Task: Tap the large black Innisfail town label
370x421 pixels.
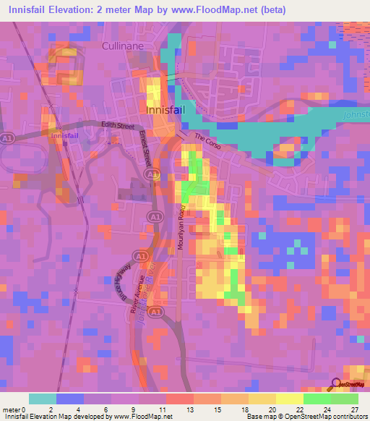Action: pyautogui.click(x=168, y=110)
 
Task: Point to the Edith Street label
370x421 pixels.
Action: pyautogui.click(x=118, y=125)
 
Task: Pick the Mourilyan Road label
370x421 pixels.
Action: pyautogui.click(x=182, y=229)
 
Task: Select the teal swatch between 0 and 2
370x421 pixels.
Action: pyautogui.click(x=43, y=399)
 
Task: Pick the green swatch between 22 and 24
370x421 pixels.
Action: pyautogui.click(x=317, y=399)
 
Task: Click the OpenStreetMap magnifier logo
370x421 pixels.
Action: pyautogui.click(x=335, y=384)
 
